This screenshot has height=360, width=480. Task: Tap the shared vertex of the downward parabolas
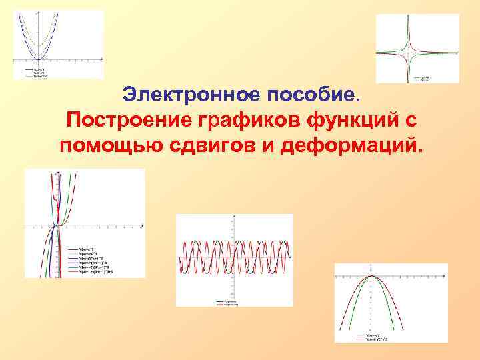373,276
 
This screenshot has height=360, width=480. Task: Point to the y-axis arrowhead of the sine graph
232,217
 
